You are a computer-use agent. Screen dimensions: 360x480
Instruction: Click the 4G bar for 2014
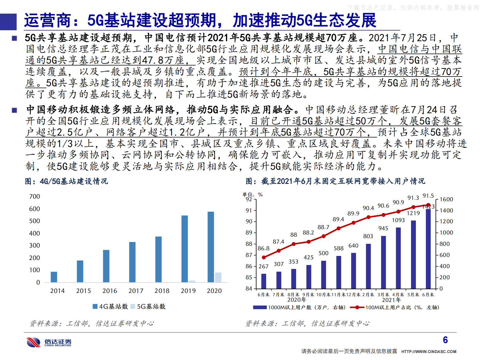pyautogui.click(x=54, y=277)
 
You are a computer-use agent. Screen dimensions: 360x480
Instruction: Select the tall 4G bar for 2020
pyautogui.click(x=211, y=247)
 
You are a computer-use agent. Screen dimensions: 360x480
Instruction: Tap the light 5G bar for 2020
pyautogui.click(x=218, y=277)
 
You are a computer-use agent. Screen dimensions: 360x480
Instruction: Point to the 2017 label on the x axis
pyautogui.click(x=136, y=291)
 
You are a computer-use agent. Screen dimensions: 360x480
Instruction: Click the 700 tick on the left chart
pyautogui.click(x=34, y=196)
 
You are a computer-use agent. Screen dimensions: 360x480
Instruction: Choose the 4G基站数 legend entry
pyautogui.click(x=110, y=306)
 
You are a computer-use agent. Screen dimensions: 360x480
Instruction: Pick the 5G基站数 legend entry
pyautogui.click(x=148, y=306)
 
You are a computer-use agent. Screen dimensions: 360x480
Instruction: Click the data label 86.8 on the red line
pyautogui.click(x=263, y=248)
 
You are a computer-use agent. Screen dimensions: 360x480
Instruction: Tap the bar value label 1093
pyautogui.click(x=398, y=220)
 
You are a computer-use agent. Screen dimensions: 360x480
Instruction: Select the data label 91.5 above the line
pyautogui.click(x=428, y=196)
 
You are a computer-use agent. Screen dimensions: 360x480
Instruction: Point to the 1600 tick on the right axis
pyautogui.click(x=446, y=199)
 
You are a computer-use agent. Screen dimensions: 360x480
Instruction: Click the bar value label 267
pyautogui.click(x=263, y=267)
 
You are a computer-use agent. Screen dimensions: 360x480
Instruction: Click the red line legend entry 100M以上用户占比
pyautogui.click(x=394, y=307)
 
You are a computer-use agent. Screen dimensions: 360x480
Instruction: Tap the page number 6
pyautogui.click(x=445, y=340)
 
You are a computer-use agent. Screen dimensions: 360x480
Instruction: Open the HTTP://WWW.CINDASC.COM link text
pyautogui.click(x=429, y=352)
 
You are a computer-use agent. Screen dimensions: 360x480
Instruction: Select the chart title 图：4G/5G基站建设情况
pyautogui.click(x=66, y=181)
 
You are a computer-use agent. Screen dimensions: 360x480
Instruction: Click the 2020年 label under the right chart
pyautogui.click(x=296, y=300)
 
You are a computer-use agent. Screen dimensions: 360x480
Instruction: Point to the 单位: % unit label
pyautogui.click(x=253, y=195)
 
